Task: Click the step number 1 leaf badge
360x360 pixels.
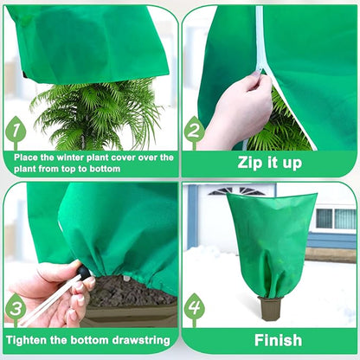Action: click(16, 133)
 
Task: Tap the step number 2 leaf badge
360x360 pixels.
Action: click(195, 132)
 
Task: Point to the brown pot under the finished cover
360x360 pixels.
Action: click(270, 308)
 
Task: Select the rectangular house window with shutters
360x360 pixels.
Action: click(334, 218)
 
